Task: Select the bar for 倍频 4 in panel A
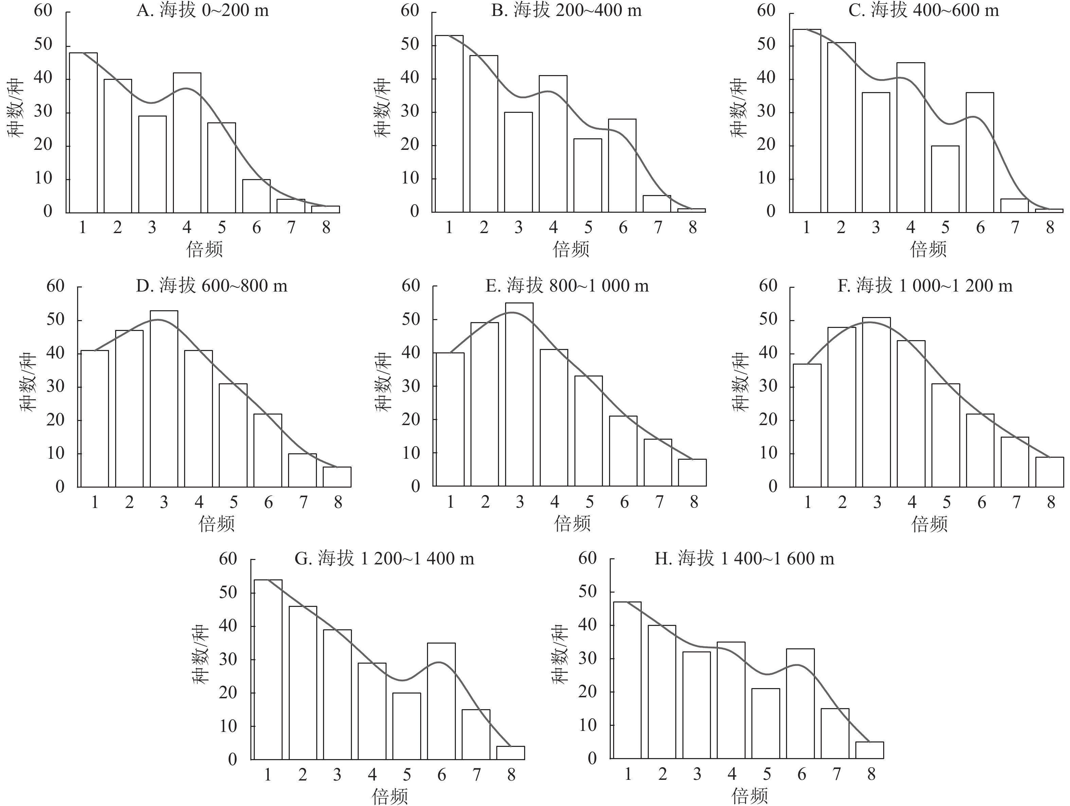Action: click(x=187, y=143)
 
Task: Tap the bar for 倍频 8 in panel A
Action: click(x=325, y=209)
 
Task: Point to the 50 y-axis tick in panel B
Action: click(x=410, y=45)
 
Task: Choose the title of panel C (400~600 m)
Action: click(x=924, y=11)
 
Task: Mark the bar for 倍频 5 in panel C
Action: click(x=945, y=179)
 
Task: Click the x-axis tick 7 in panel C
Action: click(x=1015, y=227)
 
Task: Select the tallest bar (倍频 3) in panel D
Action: click(x=164, y=399)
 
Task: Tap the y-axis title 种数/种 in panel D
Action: click(x=28, y=383)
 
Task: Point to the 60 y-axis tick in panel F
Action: click(x=768, y=285)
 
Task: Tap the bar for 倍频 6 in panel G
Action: click(x=441, y=701)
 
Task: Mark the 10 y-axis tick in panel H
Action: click(x=588, y=725)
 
